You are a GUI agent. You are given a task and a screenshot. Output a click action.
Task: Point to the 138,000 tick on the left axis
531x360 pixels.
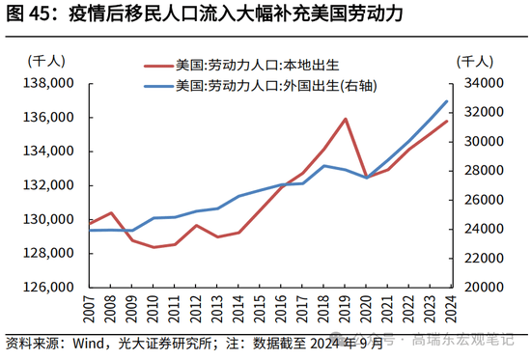[48, 83]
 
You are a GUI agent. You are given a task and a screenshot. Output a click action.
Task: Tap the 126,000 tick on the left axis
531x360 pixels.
[48, 287]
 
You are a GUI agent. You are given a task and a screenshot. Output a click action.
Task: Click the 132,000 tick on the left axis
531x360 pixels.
[48, 185]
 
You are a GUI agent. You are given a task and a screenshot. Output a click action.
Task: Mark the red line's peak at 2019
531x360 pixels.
[345, 119]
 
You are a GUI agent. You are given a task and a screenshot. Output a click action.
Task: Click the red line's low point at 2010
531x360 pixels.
[154, 247]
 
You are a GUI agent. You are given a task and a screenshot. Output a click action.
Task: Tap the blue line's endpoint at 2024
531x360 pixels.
[447, 100]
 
